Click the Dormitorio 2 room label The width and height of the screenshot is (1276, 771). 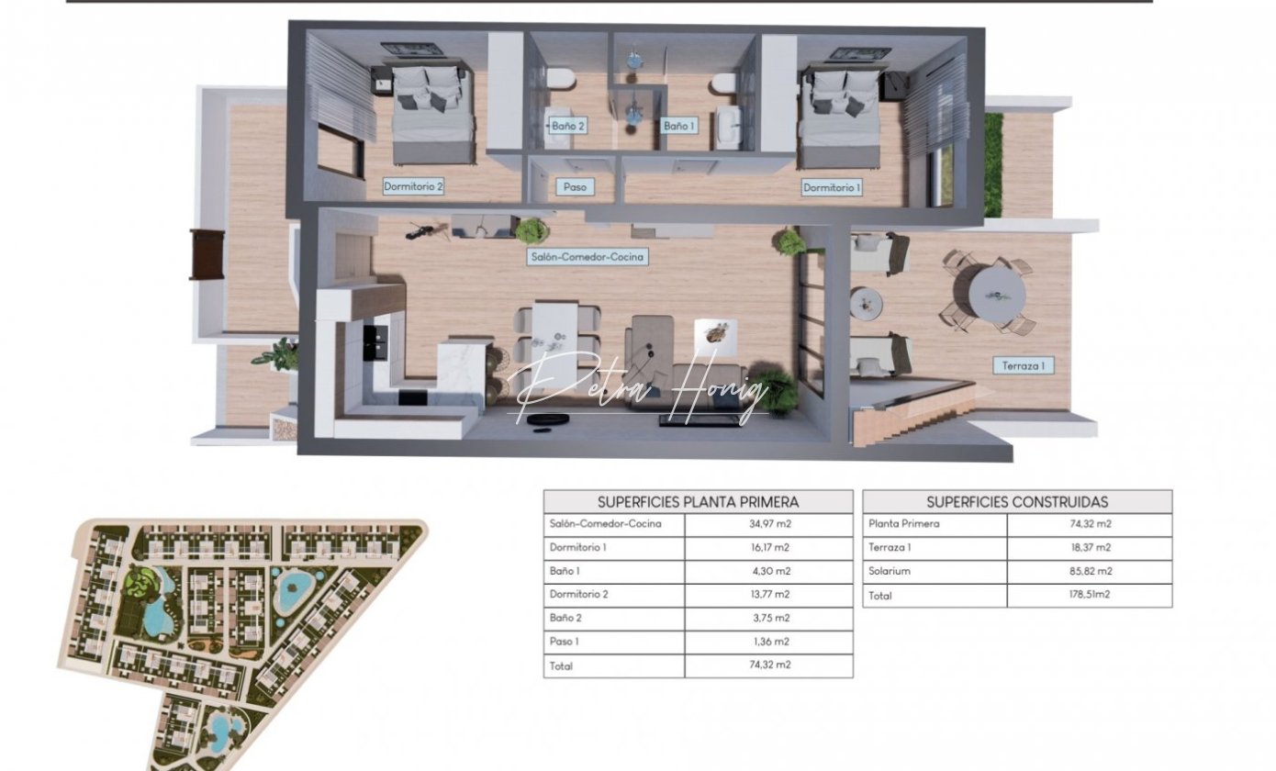click(413, 186)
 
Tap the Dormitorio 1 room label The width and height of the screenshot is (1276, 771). click(832, 187)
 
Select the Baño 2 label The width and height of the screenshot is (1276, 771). click(567, 126)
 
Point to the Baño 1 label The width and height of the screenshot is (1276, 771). click(679, 126)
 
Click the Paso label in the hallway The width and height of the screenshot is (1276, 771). click(575, 186)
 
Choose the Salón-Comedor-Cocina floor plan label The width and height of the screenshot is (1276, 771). click(588, 257)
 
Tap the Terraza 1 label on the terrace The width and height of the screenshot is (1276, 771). click(1023, 365)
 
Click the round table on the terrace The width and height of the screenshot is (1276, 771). click(997, 296)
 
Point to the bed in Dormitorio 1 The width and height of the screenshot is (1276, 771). click(842, 116)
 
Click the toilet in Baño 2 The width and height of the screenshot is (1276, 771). click(559, 79)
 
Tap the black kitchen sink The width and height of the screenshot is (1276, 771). click(376, 342)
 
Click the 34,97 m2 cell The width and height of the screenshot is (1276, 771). click(769, 524)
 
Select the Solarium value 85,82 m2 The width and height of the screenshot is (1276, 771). click(1091, 571)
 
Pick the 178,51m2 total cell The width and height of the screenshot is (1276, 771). click(1090, 595)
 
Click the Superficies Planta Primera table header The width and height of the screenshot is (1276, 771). click(698, 502)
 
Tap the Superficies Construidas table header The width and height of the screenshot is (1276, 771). click(1017, 502)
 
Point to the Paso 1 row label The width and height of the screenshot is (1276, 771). click(564, 642)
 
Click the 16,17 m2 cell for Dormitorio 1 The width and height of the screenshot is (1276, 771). click(769, 547)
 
